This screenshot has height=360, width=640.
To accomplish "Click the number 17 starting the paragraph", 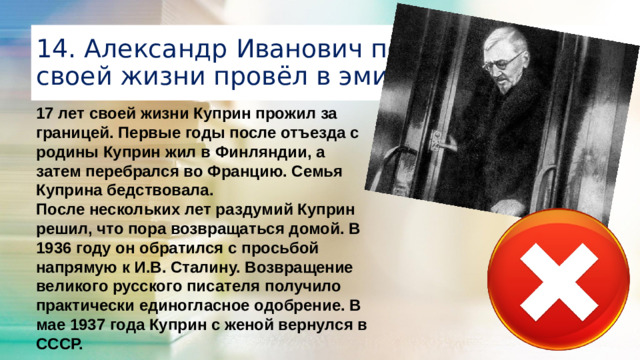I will [x=43, y=114].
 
